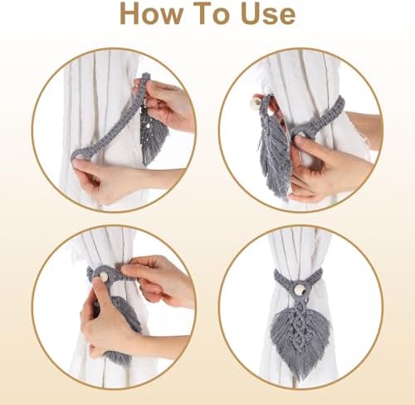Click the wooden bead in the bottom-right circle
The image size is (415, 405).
coord(296,289)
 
